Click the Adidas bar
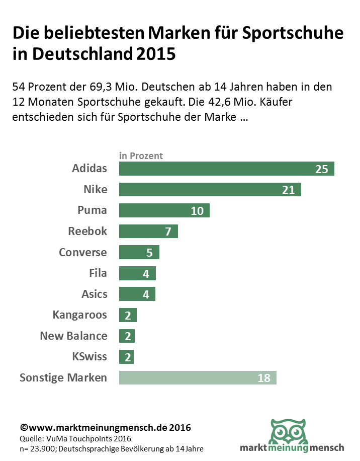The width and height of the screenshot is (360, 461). click(226, 169)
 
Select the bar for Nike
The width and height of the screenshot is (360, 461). click(210, 189)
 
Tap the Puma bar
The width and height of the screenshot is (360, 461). click(164, 210)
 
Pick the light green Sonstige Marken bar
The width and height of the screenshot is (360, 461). click(198, 377)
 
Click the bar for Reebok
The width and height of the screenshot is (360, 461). click(148, 232)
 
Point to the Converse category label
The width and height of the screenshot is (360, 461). click(83, 252)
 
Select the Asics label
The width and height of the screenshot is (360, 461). click(94, 294)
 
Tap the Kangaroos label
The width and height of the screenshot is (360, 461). click(79, 315)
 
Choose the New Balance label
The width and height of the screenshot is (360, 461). click(73, 336)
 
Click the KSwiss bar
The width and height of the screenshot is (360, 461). click(126, 357)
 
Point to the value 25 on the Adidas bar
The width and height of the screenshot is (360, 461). click(322, 169)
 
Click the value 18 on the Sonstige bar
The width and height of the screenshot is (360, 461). click(264, 378)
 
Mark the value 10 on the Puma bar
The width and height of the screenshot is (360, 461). click(197, 211)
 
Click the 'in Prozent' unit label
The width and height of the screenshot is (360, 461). click(141, 156)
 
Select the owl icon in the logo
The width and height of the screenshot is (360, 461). click(289, 429)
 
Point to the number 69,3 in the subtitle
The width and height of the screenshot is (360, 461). click(116, 87)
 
